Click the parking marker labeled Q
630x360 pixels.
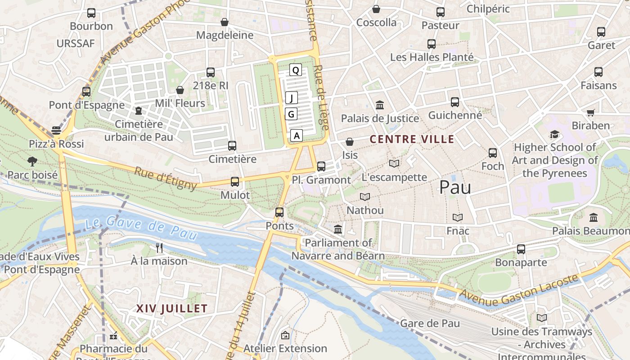click(295, 70)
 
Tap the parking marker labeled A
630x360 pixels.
click(296, 135)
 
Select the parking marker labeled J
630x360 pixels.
click(291, 97)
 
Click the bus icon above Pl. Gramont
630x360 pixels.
click(321, 166)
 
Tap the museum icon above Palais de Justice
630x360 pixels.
click(380, 105)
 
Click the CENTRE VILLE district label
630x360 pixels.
click(412, 139)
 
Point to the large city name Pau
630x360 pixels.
click(455, 187)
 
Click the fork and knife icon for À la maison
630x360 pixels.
click(159, 247)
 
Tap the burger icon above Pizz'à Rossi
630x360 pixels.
click(56, 130)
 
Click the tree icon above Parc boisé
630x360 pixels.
click(32, 161)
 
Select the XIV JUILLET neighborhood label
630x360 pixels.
click(171, 309)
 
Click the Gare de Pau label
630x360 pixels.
click(430, 323)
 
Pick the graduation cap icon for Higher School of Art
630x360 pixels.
click(554, 134)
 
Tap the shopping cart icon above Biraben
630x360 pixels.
click(590, 112)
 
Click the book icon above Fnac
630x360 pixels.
click(458, 217)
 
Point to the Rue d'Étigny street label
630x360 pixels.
click(166, 178)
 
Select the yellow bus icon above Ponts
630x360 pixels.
click(279, 212)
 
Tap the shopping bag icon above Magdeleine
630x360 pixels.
click(225, 22)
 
